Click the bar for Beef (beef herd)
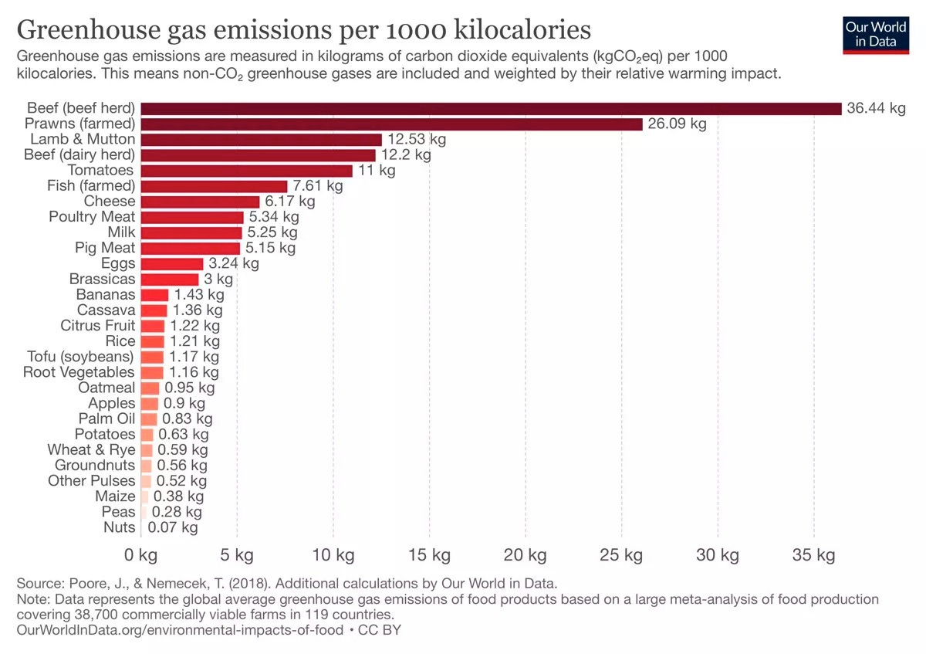point(491,109)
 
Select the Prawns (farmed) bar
point(391,124)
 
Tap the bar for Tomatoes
point(246,171)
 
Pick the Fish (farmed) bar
point(214,186)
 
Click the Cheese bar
point(200,202)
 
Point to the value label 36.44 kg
point(876,109)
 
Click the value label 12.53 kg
point(417,140)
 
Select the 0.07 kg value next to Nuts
point(173,528)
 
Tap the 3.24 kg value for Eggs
point(234,264)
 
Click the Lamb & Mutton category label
point(83,140)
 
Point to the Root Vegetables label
point(79,372)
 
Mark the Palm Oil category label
point(106,418)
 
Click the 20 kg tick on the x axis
point(526,555)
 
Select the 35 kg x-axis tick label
point(814,555)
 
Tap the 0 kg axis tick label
point(140,555)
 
